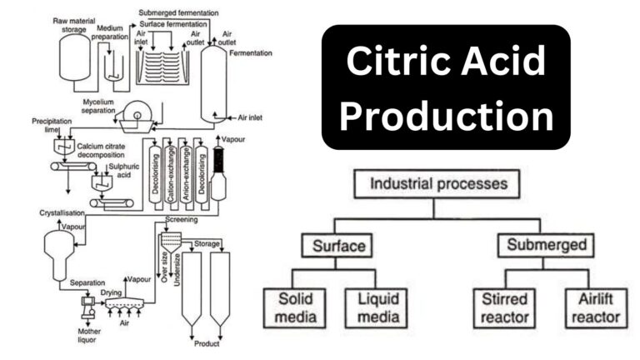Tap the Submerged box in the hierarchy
[x=539, y=246]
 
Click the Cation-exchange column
[x=170, y=171]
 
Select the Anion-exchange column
[x=186, y=171]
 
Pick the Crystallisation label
[x=63, y=212]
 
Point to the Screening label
[x=181, y=220]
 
